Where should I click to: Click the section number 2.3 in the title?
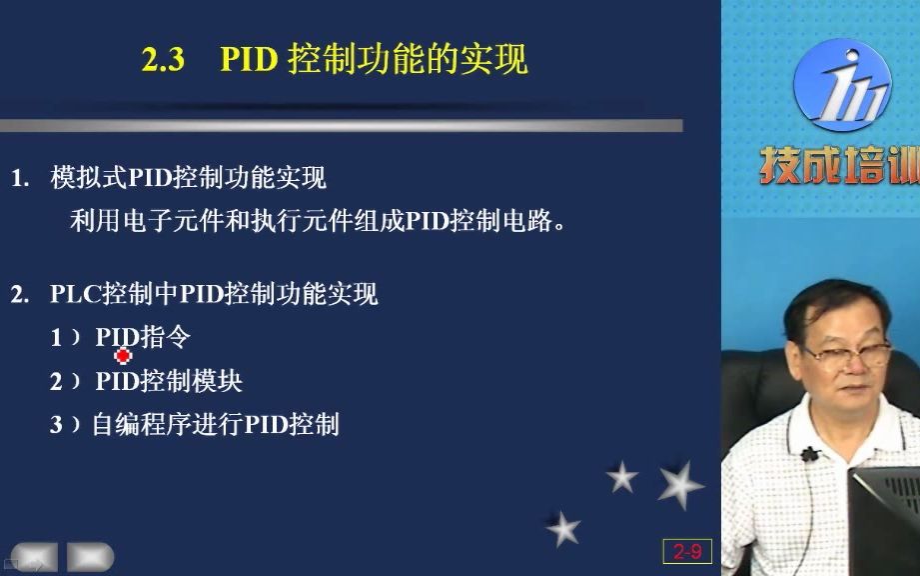click(x=163, y=61)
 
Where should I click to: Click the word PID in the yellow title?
click(x=249, y=61)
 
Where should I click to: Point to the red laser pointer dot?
click(x=124, y=355)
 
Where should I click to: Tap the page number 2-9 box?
click(x=687, y=551)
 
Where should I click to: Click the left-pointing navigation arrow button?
click(x=34, y=557)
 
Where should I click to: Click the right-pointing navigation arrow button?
click(x=90, y=557)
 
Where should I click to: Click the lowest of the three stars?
click(x=563, y=528)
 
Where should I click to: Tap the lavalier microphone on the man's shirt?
click(x=809, y=454)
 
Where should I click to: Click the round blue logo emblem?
click(x=841, y=85)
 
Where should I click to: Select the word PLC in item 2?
click(x=71, y=295)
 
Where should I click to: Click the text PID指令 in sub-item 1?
click(x=142, y=338)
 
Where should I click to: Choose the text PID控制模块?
click(x=169, y=381)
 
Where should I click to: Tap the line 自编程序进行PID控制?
click(x=216, y=425)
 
